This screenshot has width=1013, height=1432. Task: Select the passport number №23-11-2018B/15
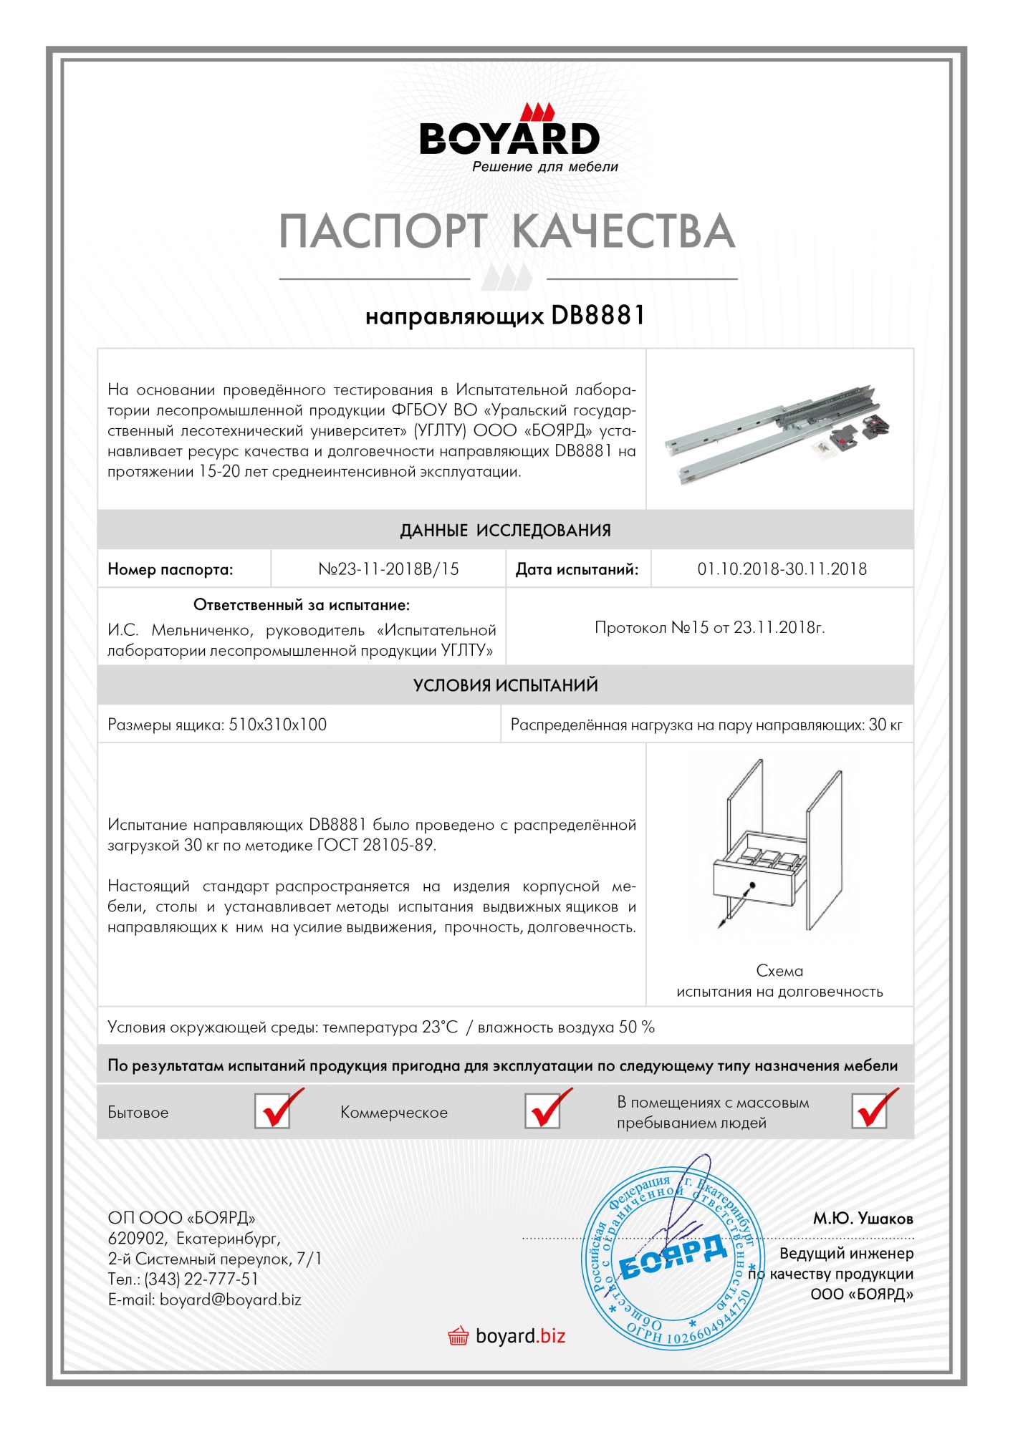tap(388, 569)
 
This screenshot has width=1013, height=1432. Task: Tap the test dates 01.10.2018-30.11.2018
tap(782, 569)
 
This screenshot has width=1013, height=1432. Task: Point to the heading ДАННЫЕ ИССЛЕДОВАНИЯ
tap(505, 531)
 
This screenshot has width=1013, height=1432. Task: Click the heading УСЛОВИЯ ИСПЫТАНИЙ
tap(505, 685)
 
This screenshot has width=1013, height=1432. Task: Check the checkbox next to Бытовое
tap(273, 1112)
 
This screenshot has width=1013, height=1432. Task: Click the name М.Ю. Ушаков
tap(863, 1219)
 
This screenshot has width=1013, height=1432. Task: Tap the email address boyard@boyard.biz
tap(230, 1300)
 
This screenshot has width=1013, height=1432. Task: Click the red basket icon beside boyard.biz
tap(458, 1336)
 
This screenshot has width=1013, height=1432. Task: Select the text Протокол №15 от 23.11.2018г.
tap(709, 628)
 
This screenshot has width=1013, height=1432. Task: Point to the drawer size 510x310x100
tap(277, 725)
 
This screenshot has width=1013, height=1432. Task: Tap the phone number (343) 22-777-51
tap(201, 1279)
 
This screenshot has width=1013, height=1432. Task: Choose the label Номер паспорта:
tap(171, 569)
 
